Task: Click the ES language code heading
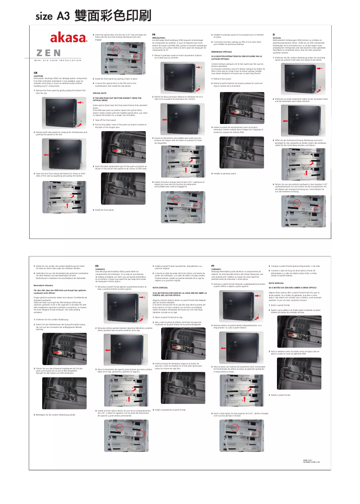point(97,266)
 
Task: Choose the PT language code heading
point(213,266)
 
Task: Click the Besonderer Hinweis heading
point(44,285)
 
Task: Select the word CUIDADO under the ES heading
point(101,269)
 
